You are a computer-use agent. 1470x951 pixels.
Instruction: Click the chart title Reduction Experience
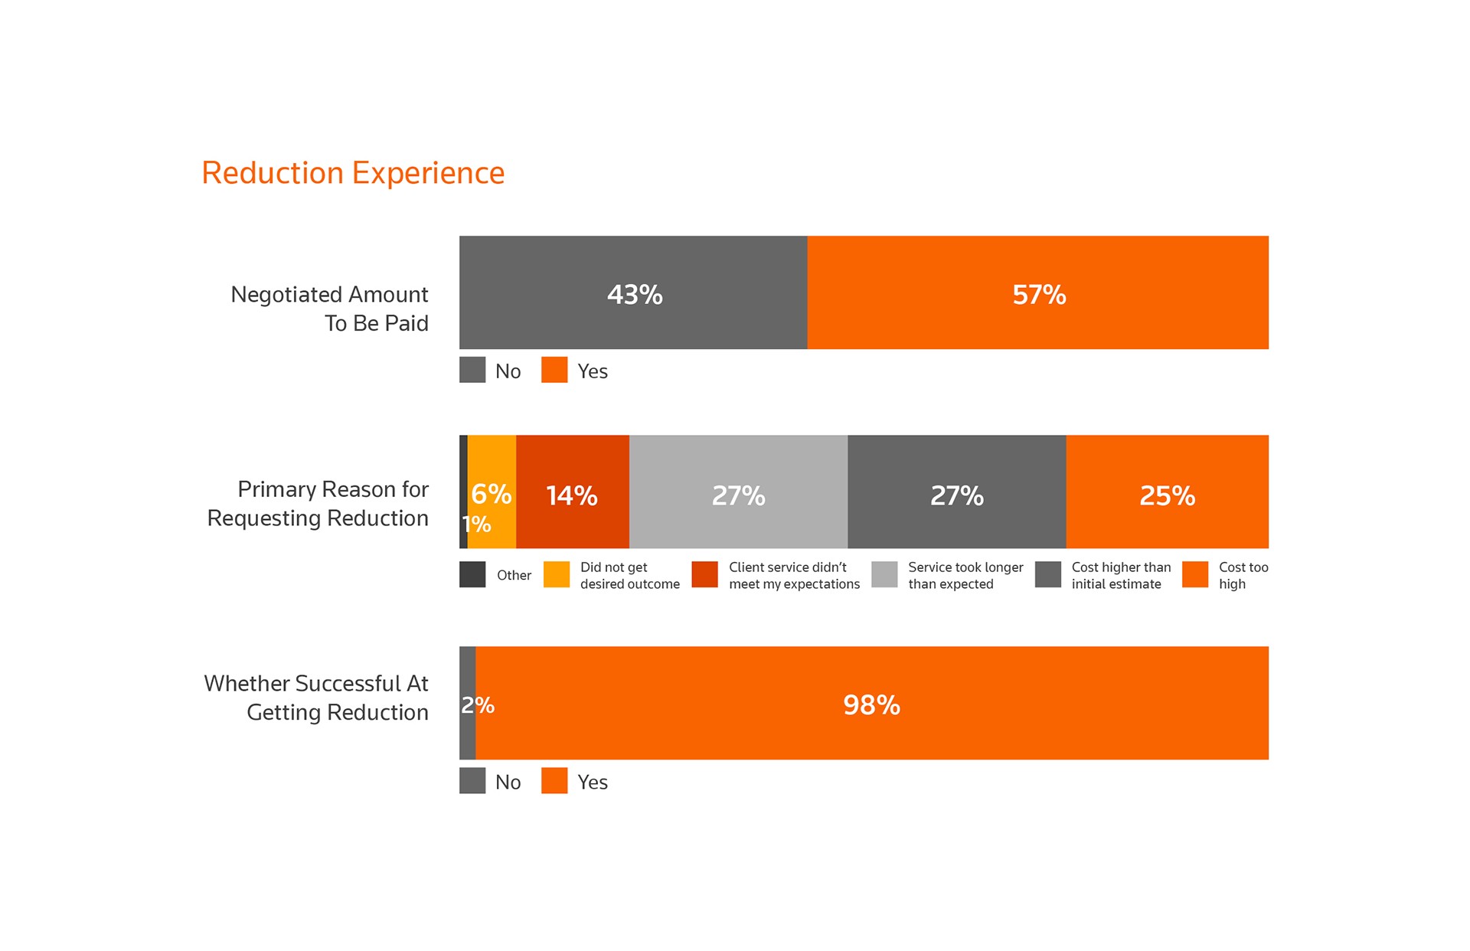(x=353, y=173)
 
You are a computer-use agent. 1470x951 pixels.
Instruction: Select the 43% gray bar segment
(x=633, y=292)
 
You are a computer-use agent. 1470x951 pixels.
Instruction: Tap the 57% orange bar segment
(x=1037, y=292)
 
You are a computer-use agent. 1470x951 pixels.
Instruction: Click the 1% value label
(x=476, y=525)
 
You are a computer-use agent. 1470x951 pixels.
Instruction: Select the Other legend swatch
(x=472, y=574)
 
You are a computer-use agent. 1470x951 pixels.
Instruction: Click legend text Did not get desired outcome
(x=629, y=575)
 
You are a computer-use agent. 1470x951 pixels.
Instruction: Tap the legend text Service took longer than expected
(x=965, y=575)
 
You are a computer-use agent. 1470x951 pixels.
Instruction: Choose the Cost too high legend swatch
(x=1194, y=574)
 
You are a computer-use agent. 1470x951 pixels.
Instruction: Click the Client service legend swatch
(x=704, y=574)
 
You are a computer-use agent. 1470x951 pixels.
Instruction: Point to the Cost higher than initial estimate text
(x=1121, y=575)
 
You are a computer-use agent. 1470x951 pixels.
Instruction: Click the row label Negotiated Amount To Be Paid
(x=330, y=309)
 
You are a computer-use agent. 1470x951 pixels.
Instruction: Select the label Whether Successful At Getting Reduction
(x=316, y=698)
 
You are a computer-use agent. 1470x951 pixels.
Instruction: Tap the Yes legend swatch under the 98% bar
(x=554, y=780)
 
